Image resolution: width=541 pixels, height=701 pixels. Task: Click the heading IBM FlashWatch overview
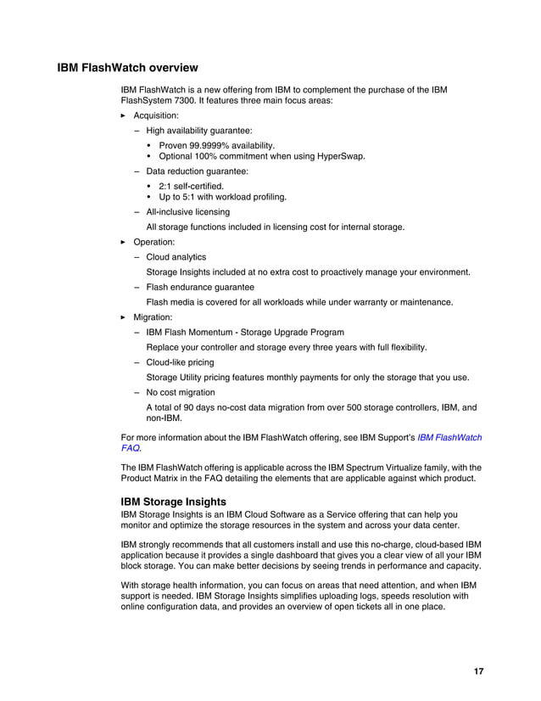[127, 67]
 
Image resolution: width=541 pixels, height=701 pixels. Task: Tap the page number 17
[479, 671]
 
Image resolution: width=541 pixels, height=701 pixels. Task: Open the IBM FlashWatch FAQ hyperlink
[449, 438]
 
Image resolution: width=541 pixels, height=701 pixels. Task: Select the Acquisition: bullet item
[156, 115]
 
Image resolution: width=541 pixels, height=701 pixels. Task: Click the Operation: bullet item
[154, 242]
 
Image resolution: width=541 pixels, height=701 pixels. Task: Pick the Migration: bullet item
[153, 317]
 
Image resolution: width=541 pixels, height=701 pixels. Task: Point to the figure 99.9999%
[209, 146]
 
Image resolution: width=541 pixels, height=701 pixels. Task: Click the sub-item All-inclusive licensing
[187, 211]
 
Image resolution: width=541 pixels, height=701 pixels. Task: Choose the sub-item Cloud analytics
[176, 257]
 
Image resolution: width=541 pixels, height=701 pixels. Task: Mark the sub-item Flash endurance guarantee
[199, 287]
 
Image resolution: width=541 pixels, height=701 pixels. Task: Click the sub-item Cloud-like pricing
[180, 362]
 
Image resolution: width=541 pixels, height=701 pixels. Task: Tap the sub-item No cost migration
[180, 392]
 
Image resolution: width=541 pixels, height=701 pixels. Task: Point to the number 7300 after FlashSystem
[185, 100]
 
